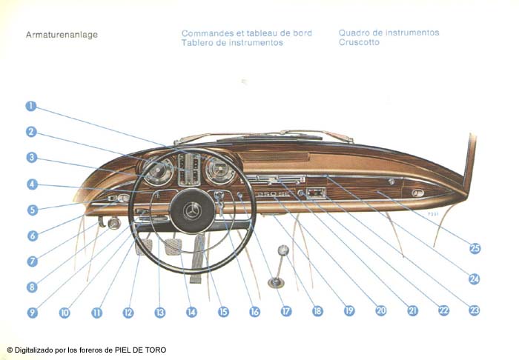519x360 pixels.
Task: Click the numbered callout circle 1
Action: (x=30, y=105)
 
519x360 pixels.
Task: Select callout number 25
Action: (x=475, y=248)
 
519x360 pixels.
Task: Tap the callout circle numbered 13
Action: (x=159, y=313)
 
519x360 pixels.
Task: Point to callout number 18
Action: (x=317, y=312)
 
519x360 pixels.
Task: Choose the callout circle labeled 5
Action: (x=32, y=210)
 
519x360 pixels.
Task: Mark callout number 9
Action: (x=32, y=313)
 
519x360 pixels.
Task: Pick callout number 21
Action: (x=412, y=311)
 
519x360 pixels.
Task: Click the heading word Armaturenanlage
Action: (x=62, y=34)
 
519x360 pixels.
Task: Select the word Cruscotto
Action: (x=359, y=43)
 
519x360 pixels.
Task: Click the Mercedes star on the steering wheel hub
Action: (x=192, y=211)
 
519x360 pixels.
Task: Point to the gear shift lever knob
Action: (x=282, y=252)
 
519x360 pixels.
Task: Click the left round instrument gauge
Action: (x=158, y=171)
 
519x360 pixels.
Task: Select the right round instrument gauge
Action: (x=219, y=171)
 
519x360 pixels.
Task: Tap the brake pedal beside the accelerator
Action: (x=173, y=246)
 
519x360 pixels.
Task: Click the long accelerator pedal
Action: (x=197, y=259)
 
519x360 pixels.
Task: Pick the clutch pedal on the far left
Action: (x=144, y=246)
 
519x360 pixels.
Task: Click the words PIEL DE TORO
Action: (x=141, y=350)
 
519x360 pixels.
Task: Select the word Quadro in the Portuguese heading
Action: (x=354, y=33)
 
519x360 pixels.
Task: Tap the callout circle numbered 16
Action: (x=254, y=313)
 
